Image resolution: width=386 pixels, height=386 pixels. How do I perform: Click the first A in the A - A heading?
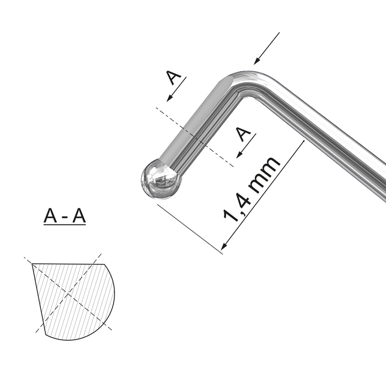click(x=51, y=217)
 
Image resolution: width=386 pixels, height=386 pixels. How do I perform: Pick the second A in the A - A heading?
click(x=79, y=217)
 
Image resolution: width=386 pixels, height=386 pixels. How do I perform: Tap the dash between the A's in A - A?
click(x=65, y=218)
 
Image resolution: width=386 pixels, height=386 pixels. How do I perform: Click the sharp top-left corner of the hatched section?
click(x=33, y=264)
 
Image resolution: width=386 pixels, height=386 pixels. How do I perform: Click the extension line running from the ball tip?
click(x=187, y=226)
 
